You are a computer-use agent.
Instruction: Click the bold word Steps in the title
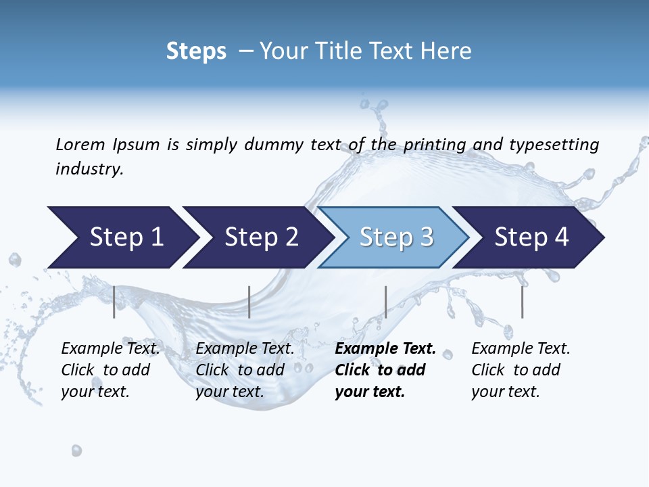click(x=196, y=51)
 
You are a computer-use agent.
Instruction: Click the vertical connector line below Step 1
click(x=114, y=302)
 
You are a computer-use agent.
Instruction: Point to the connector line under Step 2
click(x=249, y=302)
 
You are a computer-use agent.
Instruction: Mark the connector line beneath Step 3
click(x=385, y=302)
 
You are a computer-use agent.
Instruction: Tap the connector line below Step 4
click(x=522, y=302)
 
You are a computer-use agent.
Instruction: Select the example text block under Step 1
click(x=110, y=370)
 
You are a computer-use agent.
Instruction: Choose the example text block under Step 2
click(x=245, y=370)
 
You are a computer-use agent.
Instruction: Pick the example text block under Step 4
click(x=521, y=370)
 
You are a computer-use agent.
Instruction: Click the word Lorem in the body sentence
click(x=80, y=145)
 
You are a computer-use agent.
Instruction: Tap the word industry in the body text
click(x=89, y=169)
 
